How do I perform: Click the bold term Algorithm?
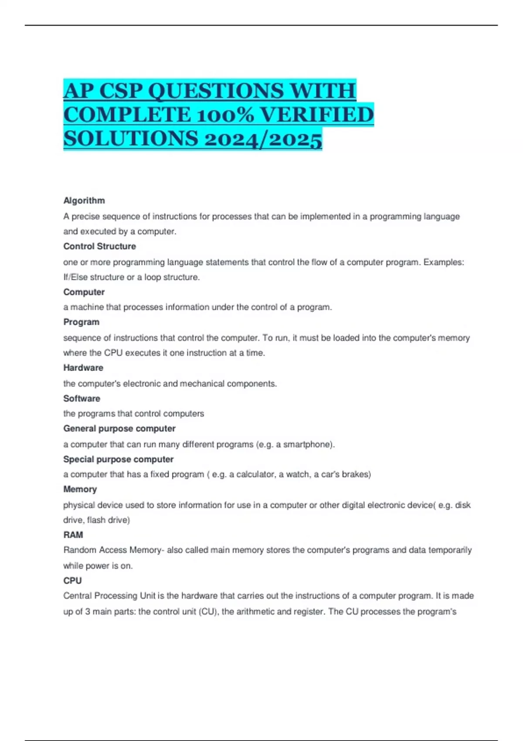tap(84, 201)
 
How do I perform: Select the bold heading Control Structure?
tap(99, 246)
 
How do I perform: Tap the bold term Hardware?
tap(83, 368)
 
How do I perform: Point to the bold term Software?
tap(82, 398)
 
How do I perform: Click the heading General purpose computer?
tap(119, 428)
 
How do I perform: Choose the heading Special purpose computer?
tap(118, 459)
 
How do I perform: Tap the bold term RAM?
tap(73, 535)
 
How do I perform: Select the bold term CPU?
tap(72, 581)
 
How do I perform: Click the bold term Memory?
tap(80, 489)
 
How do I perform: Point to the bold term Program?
tap(81, 322)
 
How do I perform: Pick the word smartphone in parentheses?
tap(307, 445)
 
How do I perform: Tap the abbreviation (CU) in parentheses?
tap(207, 612)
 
